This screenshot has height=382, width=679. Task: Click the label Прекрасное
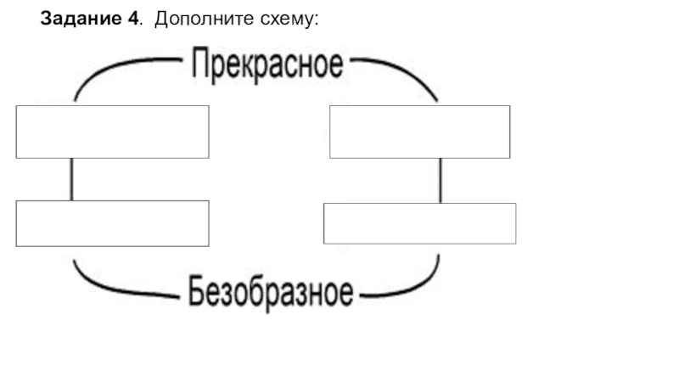267,65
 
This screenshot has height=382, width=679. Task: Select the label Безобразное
271,293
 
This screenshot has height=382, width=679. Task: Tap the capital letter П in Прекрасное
199,65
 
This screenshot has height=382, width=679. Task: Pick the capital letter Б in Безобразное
196,292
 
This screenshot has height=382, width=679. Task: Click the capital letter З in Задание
47,19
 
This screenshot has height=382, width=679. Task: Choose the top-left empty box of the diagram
112,132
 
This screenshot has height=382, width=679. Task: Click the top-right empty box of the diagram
419,132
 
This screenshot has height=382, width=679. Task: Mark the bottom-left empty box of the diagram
112,223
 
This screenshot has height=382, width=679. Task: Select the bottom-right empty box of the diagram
419,223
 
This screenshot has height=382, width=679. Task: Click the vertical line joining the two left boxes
71,179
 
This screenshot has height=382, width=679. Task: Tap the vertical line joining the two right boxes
440,180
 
